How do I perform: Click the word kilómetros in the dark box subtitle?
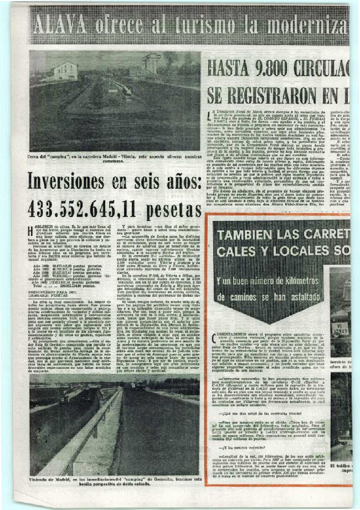(282, 272)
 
